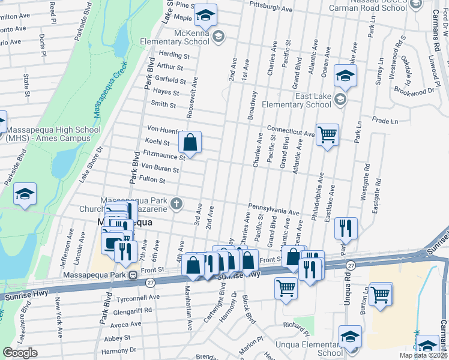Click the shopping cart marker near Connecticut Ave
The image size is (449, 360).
(x=327, y=134)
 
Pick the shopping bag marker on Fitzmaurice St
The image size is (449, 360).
(x=190, y=143)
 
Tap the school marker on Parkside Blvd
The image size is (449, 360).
(x=26, y=194)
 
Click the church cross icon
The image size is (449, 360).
(x=176, y=203)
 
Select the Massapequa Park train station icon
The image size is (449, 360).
(x=131, y=275)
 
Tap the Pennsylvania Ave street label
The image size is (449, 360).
(x=273, y=209)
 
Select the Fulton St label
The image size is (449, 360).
(x=152, y=179)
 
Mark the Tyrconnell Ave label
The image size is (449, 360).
(x=138, y=296)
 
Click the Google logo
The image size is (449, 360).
(x=20, y=352)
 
